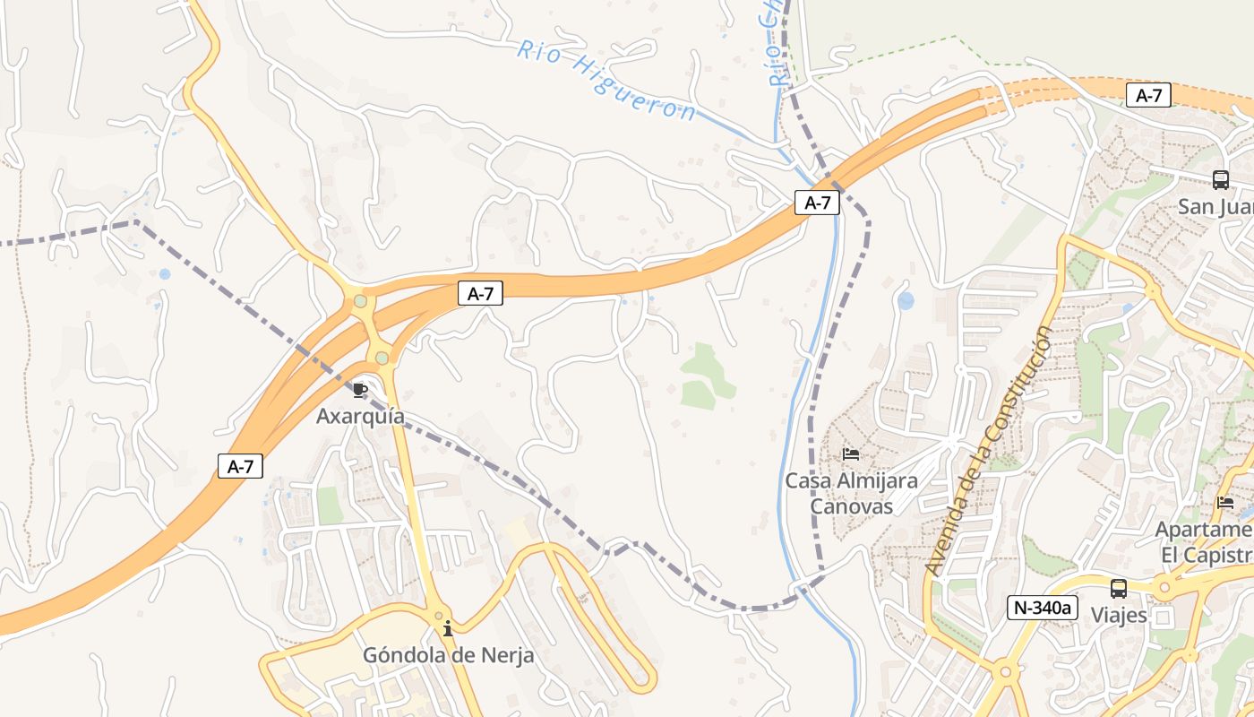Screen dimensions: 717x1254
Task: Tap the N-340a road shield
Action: [x=1043, y=607]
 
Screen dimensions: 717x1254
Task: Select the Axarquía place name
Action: [x=360, y=417]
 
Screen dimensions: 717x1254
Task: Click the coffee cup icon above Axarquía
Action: [x=359, y=390]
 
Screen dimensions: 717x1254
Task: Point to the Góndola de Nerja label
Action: [x=448, y=655]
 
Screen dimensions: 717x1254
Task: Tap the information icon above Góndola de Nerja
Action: [x=448, y=629]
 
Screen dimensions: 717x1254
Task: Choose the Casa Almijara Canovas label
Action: [x=851, y=494]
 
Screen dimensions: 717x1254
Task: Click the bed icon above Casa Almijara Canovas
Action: [x=851, y=454]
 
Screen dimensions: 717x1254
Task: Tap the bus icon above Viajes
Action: [x=1119, y=589]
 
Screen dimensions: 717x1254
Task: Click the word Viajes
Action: [x=1119, y=615]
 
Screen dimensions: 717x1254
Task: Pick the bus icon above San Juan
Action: [x=1221, y=180]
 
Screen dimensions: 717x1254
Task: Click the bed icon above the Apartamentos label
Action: [x=1225, y=503]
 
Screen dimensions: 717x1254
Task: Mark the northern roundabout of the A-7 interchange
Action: [x=360, y=301]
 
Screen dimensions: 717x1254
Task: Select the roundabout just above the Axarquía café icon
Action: [x=382, y=358]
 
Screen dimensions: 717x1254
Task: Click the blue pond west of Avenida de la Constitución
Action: [x=906, y=300]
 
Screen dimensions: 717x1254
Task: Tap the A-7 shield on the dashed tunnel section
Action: [x=1148, y=95]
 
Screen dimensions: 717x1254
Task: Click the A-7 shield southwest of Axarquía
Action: [x=241, y=466]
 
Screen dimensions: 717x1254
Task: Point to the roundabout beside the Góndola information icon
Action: [x=438, y=617]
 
